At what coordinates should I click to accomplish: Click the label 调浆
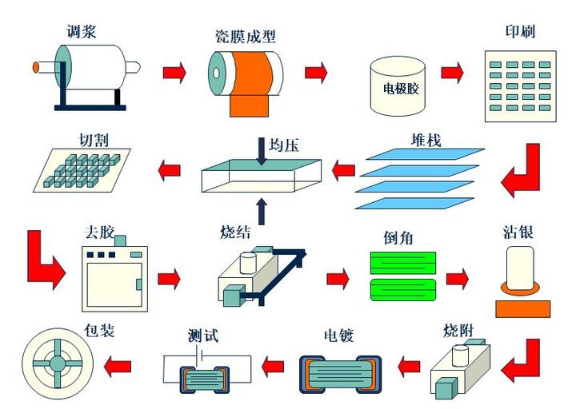83,31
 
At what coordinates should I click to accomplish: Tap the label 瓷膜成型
244,36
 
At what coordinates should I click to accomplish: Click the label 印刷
519,32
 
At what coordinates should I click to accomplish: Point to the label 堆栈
426,141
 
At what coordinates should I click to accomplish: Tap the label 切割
93,139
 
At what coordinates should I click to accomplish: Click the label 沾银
518,232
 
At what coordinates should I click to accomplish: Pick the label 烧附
459,330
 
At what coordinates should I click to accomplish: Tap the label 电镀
339,335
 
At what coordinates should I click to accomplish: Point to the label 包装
98,329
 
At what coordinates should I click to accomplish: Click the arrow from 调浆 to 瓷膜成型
174,73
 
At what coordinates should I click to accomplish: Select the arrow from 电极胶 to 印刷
452,73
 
